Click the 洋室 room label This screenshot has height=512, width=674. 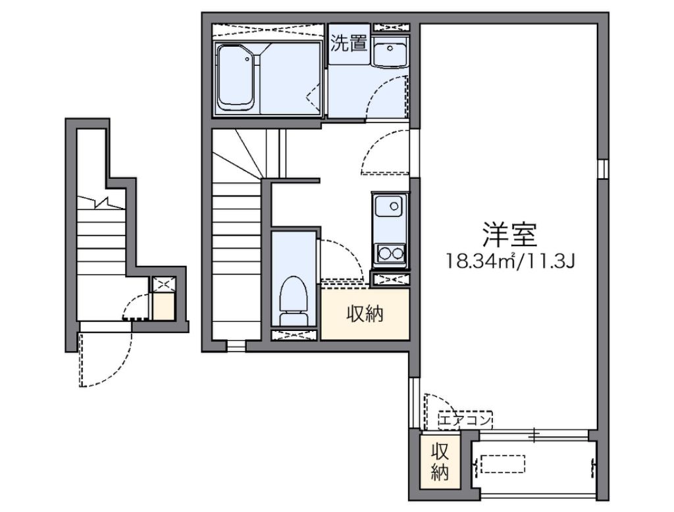pos(510,234)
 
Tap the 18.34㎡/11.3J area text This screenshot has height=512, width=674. pos(510,261)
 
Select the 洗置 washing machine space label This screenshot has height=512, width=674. pos(349,43)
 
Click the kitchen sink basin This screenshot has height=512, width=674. pos(388,206)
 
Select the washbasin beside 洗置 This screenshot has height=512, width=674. pos(390,51)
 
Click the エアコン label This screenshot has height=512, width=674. pos(465,419)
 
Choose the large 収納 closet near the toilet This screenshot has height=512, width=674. pos(365,315)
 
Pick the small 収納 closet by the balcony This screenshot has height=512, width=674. pos(440,462)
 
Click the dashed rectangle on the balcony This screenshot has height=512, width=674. pos(503,464)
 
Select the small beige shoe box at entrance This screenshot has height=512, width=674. pos(164,306)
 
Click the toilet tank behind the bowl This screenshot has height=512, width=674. pos(294,319)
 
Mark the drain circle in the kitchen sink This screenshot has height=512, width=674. pos(394,206)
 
